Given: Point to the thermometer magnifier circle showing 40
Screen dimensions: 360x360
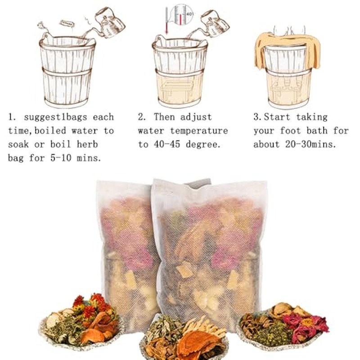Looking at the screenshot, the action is [184, 14].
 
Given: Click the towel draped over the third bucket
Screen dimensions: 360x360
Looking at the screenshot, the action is [287, 49].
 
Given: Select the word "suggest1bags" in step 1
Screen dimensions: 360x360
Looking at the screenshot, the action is [55, 117].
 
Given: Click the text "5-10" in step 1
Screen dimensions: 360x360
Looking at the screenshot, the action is [61, 158].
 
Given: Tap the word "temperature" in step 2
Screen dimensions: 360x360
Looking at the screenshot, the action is [199, 131].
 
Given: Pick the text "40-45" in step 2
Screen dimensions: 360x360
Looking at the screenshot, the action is [167, 144].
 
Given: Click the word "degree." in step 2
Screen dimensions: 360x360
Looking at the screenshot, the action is [203, 145].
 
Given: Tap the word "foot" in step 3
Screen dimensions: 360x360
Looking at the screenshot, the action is [290, 130].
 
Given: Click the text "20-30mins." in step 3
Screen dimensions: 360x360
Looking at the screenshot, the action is [310, 144].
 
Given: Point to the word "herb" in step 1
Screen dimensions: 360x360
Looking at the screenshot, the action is [87, 144].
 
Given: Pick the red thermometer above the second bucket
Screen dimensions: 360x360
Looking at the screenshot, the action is [167, 21].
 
